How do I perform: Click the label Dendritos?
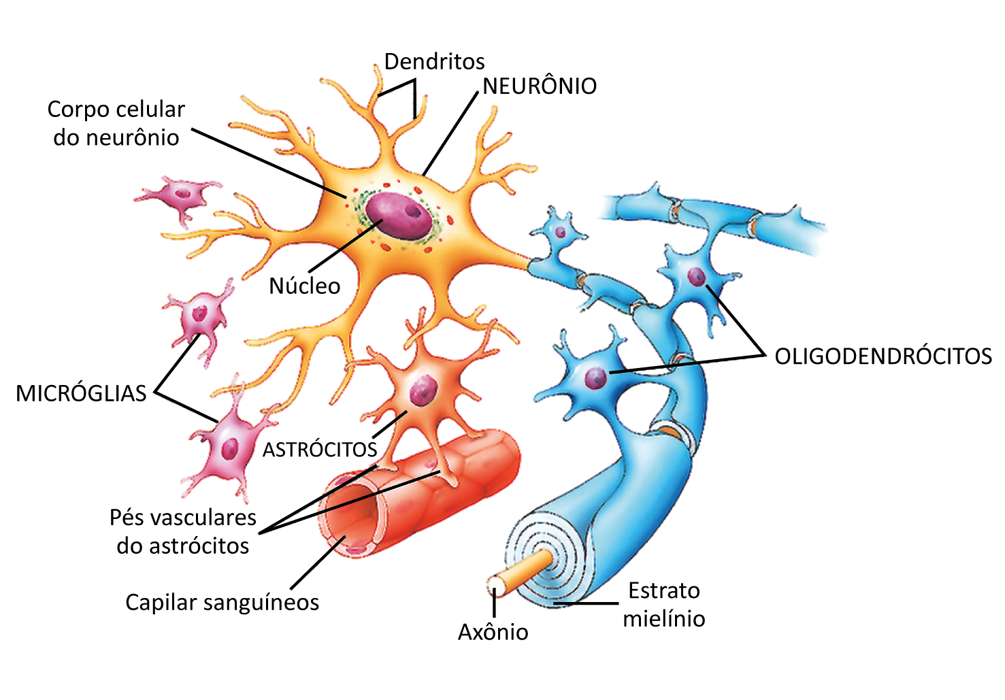434,62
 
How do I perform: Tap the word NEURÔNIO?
540,86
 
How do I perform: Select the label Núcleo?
304,286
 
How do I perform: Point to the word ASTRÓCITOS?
320,450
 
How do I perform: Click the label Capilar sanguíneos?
222,603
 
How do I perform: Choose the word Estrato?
663,590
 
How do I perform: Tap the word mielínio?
663,618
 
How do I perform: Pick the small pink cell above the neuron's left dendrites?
180,195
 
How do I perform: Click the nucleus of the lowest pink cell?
231,448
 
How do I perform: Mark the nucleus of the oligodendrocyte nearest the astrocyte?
595,378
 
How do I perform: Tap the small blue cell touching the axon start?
559,232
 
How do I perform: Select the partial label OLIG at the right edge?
803,356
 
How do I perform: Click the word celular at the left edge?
153,110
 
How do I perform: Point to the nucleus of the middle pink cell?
199,314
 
